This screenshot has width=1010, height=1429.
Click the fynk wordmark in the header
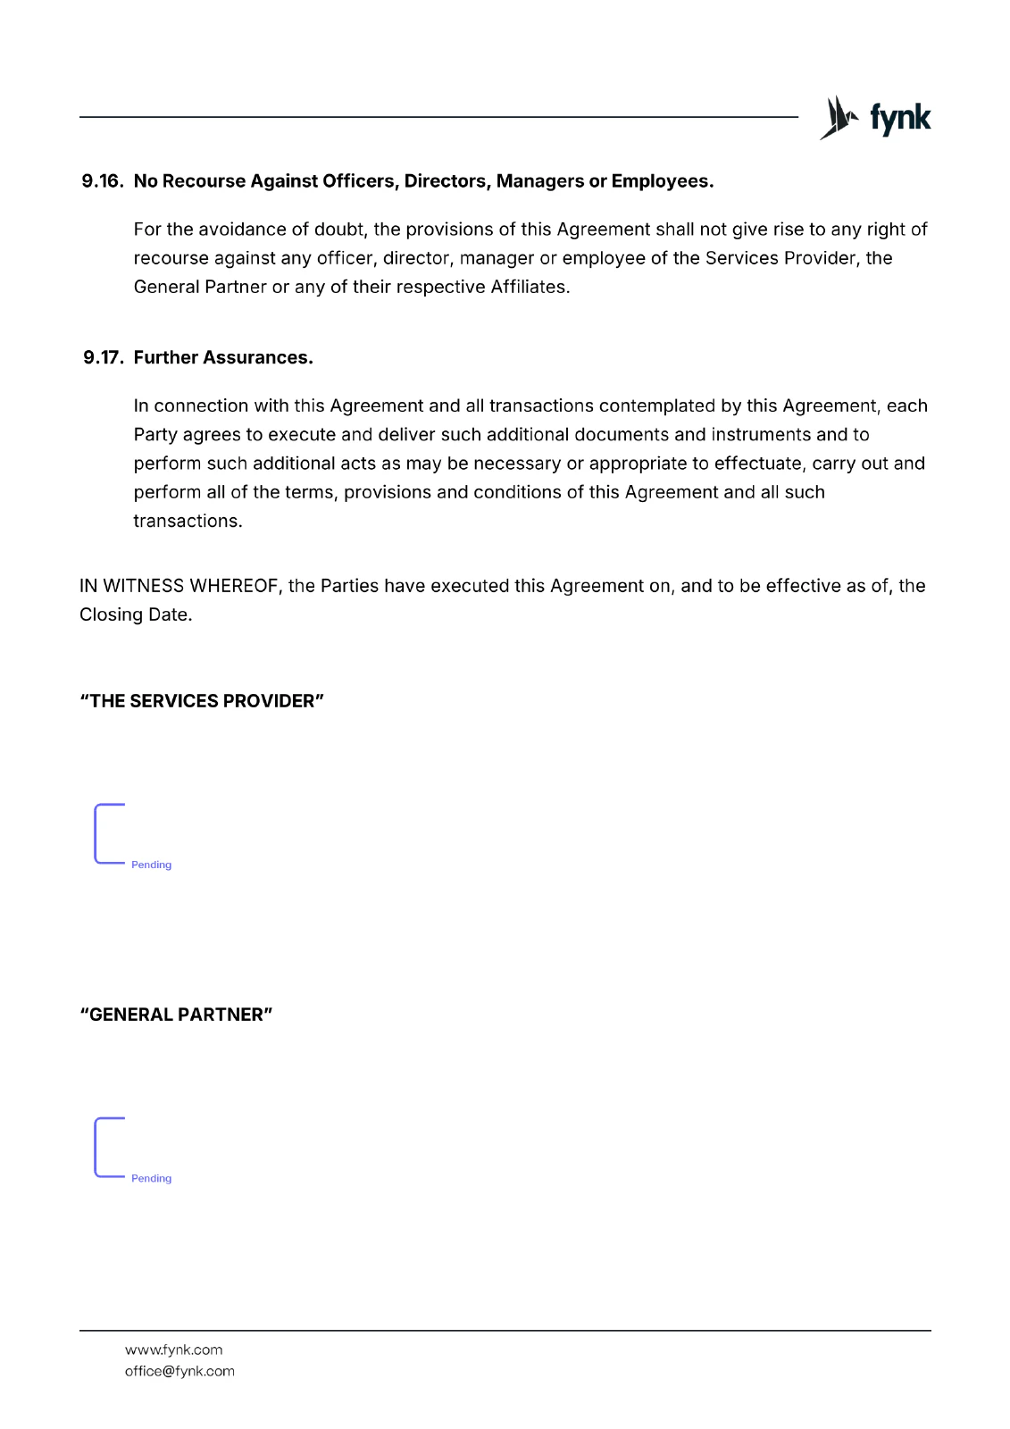click(x=900, y=118)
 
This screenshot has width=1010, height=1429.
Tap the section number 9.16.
click(x=102, y=181)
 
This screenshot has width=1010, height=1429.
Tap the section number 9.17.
click(x=103, y=358)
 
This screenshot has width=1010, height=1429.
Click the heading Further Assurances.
click(x=223, y=358)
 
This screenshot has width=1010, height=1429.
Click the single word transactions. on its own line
click(x=188, y=521)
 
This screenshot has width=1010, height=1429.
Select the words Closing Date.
click(x=136, y=614)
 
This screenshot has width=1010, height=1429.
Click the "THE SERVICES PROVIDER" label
click(x=202, y=701)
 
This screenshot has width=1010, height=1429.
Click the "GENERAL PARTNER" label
click(x=176, y=1015)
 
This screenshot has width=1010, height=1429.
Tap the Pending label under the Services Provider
click(x=151, y=865)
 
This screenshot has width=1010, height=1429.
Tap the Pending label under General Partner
click(x=151, y=1178)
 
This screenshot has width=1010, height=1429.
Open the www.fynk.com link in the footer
click(x=173, y=1350)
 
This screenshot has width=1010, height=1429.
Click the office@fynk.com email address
click(x=179, y=1371)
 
